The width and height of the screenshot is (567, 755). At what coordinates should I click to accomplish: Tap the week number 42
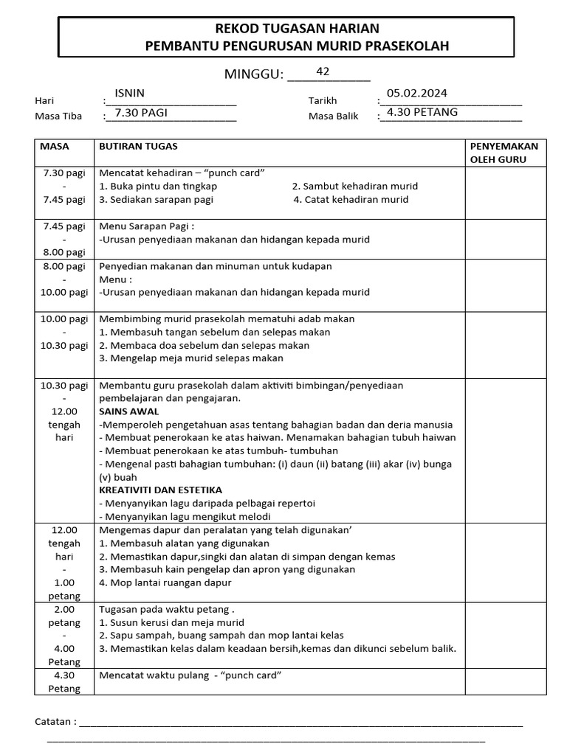pos(323,72)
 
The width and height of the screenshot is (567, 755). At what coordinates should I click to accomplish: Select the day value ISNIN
pos(130,93)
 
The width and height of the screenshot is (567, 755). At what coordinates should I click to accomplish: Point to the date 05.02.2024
pos(417,93)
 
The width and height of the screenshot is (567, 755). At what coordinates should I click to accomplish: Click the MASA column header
pos(55,147)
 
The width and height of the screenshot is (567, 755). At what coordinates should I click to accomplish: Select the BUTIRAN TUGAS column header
pos(138,147)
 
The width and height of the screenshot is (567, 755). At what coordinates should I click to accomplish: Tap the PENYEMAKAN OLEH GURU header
pos(504,153)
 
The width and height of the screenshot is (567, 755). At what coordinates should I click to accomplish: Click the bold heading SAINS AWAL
pos(129,411)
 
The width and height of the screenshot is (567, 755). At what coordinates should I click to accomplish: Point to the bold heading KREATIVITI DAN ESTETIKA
pos(161,490)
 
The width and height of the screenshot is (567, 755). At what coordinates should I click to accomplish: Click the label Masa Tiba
pos(58,116)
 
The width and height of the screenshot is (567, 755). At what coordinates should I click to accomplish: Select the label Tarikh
pos(323,101)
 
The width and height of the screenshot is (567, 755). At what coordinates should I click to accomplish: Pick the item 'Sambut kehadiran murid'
pos(355,187)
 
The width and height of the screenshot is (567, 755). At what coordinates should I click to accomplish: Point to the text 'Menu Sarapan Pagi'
pos(147,226)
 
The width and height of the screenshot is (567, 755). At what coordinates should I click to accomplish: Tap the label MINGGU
pos(254,74)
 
